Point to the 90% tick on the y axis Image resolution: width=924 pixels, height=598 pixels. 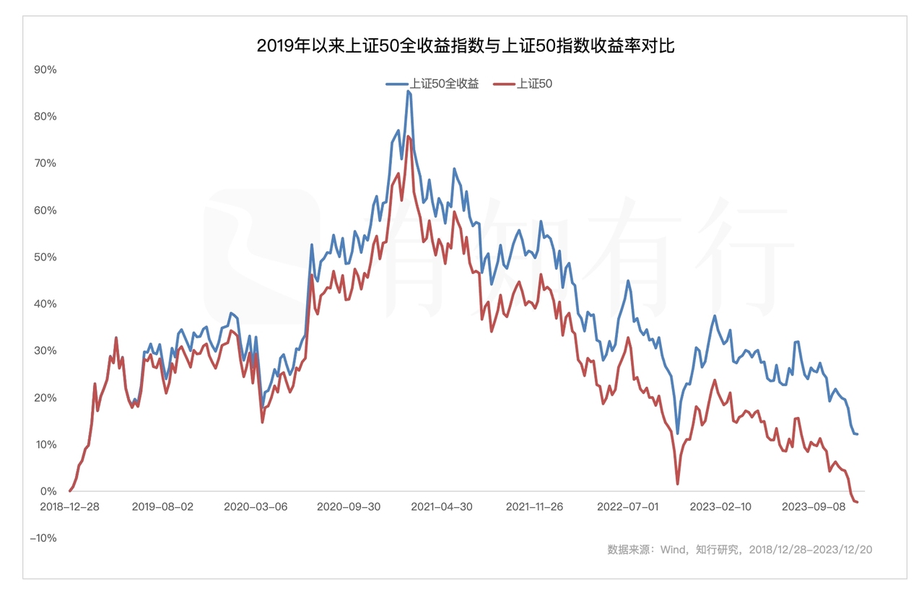pyautogui.click(x=45, y=69)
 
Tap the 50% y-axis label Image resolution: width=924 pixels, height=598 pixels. pyautogui.click(x=45, y=257)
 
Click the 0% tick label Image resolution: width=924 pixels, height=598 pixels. pyautogui.click(x=48, y=491)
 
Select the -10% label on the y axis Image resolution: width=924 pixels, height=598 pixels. pyautogui.click(x=43, y=538)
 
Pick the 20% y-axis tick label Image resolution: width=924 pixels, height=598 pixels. pyautogui.click(x=45, y=397)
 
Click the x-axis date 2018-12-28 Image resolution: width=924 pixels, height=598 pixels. pyautogui.click(x=70, y=506)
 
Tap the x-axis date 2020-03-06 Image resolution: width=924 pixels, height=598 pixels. pyautogui.click(x=256, y=506)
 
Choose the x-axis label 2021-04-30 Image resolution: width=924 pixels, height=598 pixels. pyautogui.click(x=442, y=506)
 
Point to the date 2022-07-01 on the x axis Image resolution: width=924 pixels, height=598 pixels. pyautogui.click(x=628, y=506)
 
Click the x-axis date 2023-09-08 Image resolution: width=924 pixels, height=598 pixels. pyautogui.click(x=814, y=506)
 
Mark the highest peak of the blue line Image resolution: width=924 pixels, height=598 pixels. pyautogui.click(x=408, y=91)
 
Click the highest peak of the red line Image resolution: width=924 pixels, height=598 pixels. pyautogui.click(x=408, y=136)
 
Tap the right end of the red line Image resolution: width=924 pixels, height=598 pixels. pyautogui.click(x=857, y=502)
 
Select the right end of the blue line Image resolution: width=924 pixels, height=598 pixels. pyautogui.click(x=857, y=434)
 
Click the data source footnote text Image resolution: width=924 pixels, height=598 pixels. pyautogui.click(x=739, y=550)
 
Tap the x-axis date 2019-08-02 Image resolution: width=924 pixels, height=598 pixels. pyautogui.click(x=162, y=506)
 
